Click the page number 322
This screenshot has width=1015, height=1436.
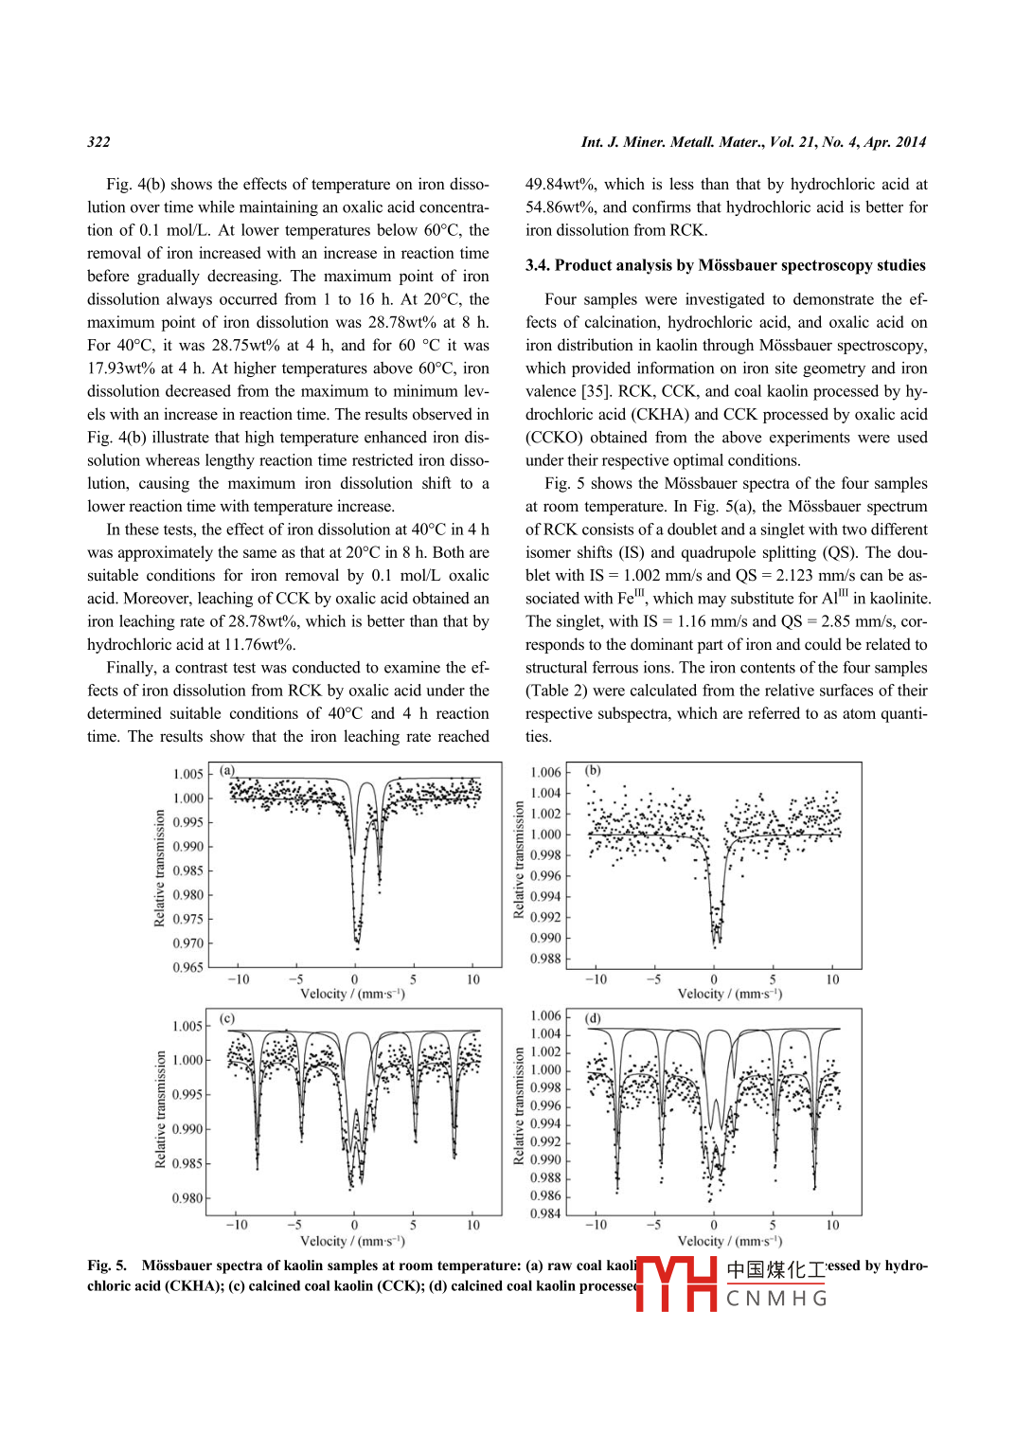click(x=98, y=142)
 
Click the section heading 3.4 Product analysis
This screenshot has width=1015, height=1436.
click(x=725, y=265)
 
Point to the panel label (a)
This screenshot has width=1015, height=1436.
click(x=227, y=770)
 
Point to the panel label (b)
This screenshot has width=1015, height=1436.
click(x=593, y=770)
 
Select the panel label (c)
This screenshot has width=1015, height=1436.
click(x=227, y=1018)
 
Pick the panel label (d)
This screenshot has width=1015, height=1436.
click(x=593, y=1018)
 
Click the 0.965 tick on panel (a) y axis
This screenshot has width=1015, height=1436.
click(x=187, y=967)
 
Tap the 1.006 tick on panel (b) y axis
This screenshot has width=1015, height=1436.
click(x=545, y=772)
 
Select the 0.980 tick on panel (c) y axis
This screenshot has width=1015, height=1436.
click(x=187, y=1198)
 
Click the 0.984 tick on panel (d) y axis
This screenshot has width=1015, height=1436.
click(x=545, y=1213)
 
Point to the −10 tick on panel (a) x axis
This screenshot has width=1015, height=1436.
click(x=238, y=979)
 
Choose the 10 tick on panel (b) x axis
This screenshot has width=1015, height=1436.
click(x=832, y=979)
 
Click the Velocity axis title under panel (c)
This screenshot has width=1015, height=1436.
click(x=352, y=1241)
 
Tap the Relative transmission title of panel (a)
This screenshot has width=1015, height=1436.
click(x=159, y=868)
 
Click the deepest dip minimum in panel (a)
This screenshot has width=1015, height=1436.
click(x=357, y=944)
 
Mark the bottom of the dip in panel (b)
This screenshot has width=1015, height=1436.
click(x=716, y=943)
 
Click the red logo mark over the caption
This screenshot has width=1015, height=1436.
click(x=676, y=1283)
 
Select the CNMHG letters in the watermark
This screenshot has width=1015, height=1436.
click(x=776, y=1299)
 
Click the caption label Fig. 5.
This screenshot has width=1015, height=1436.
click(x=107, y=1265)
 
